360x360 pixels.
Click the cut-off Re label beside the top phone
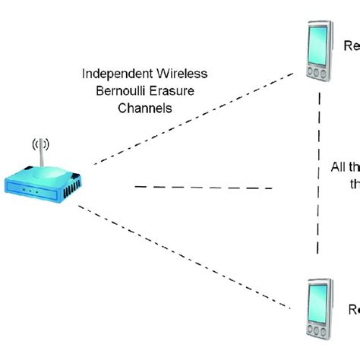pos(351,47)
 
